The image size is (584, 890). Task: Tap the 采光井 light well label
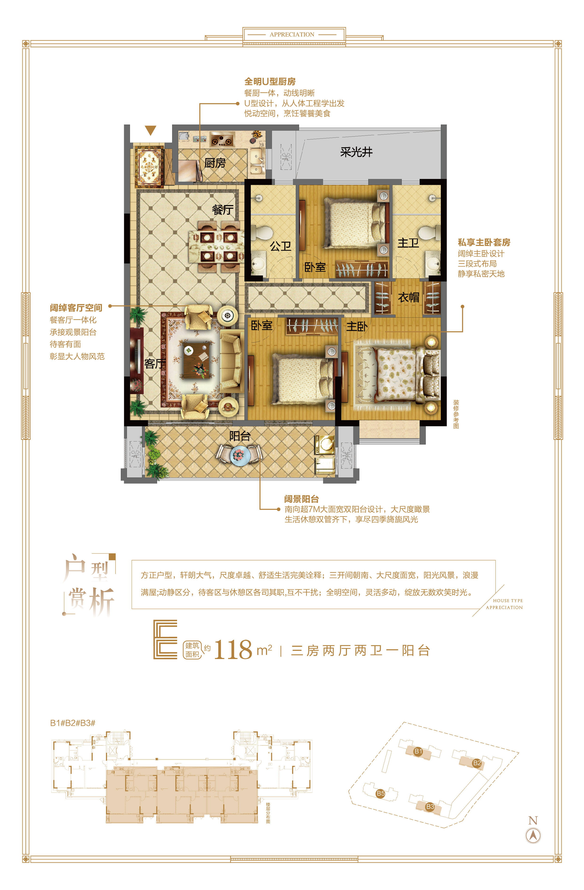click(x=356, y=152)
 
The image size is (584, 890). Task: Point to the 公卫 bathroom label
click(x=281, y=246)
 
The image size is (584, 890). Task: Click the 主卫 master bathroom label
click(x=408, y=243)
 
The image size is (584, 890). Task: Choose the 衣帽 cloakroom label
click(x=409, y=297)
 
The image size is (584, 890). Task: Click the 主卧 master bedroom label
click(x=357, y=327)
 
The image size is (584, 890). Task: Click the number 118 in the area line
click(x=233, y=650)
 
